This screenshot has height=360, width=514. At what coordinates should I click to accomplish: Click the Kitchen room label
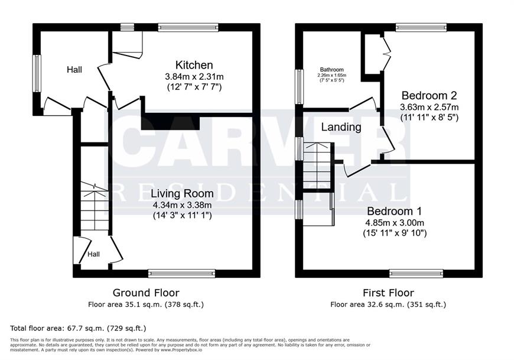[x=194, y=65]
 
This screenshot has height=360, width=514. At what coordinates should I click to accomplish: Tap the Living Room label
[x=182, y=193]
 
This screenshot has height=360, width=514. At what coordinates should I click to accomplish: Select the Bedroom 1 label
[x=394, y=211]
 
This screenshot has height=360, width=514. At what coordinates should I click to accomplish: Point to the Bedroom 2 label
[x=429, y=95]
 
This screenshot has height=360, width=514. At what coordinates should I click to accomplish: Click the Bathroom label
[x=332, y=70]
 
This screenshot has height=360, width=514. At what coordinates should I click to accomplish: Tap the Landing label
[x=341, y=127]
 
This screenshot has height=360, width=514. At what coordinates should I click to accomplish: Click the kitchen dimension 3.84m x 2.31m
[x=194, y=77]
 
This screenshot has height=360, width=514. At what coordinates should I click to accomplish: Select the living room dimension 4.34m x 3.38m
[x=182, y=205]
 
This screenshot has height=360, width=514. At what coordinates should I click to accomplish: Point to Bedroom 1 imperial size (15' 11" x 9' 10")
[x=395, y=233]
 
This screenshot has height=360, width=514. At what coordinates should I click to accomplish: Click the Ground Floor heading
[x=146, y=293]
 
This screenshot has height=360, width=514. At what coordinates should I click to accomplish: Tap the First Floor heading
[x=388, y=293]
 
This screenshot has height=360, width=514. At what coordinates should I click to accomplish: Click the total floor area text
[x=78, y=328]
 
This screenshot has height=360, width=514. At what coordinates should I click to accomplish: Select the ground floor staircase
[x=95, y=206]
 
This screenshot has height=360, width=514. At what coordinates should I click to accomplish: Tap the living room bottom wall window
[x=181, y=274]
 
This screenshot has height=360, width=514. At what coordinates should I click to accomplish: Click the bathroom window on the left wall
[x=300, y=86]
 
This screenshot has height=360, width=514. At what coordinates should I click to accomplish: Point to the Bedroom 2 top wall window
[x=421, y=28]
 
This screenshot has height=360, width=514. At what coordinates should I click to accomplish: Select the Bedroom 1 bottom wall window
[x=417, y=274]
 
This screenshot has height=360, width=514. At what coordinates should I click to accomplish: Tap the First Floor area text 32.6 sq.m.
[x=388, y=304]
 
